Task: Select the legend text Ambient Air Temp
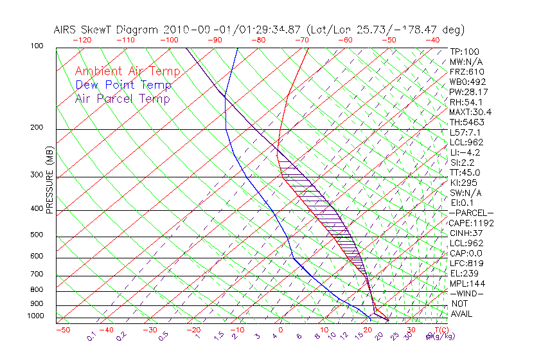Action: click(x=127, y=71)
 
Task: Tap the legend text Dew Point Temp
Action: click(x=123, y=85)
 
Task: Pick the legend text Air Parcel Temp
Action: click(x=122, y=98)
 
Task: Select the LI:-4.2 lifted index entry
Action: click(x=465, y=152)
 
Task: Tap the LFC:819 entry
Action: click(x=466, y=264)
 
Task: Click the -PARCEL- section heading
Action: click(x=471, y=213)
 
